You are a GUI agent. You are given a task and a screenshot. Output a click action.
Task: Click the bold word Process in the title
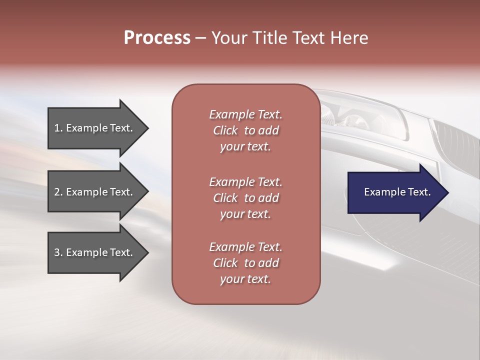pos(157,38)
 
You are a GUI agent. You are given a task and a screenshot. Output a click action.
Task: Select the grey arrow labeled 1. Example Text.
pos(95,128)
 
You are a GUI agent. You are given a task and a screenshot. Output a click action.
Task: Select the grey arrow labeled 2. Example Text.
pos(95,192)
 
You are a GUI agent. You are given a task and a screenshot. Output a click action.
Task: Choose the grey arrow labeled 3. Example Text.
pos(95,252)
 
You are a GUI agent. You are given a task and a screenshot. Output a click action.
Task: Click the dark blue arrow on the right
pos(395,192)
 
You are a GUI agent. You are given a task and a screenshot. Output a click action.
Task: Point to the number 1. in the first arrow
pos(58,128)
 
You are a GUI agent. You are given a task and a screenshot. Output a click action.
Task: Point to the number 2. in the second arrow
pos(58,192)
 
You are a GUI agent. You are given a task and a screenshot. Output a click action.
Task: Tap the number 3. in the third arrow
pos(58,252)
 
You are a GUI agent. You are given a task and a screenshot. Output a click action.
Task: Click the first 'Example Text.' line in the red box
pos(245,114)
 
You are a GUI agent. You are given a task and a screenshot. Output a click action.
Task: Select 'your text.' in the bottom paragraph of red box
pos(245,279)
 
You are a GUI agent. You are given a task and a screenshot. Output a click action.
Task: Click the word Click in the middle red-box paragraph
pos(225,198)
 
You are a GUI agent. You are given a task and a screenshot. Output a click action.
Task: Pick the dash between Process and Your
pos(200,38)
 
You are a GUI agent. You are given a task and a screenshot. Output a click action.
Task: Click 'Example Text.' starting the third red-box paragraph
pos(245,247)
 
